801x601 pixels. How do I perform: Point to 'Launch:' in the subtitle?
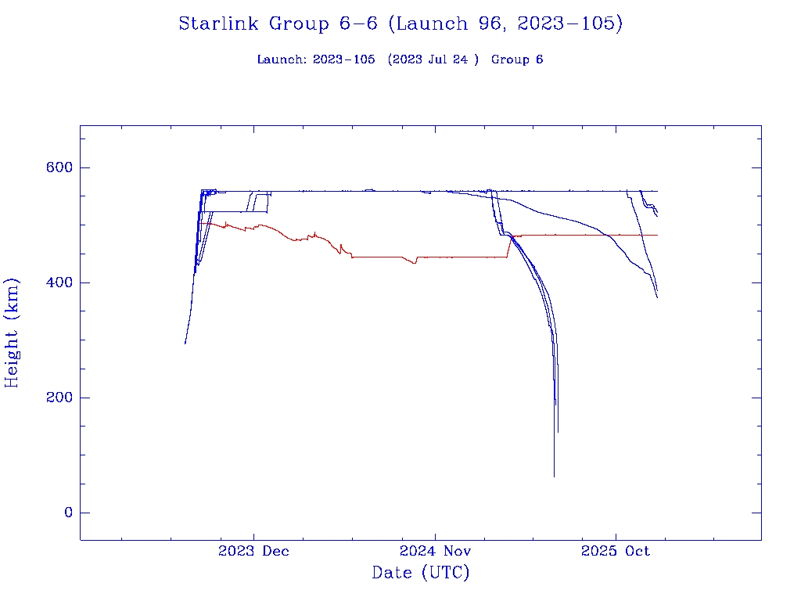(282, 59)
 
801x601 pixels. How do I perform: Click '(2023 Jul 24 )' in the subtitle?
(433, 59)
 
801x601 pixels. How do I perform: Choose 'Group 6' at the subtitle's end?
(517, 59)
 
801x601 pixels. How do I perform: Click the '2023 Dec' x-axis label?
(253, 551)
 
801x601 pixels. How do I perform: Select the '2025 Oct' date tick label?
(616, 551)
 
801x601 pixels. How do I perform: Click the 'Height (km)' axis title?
(13, 333)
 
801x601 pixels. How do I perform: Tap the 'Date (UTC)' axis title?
(421, 573)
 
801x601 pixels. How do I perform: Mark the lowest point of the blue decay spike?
(554, 476)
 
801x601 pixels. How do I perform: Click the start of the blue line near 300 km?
(185, 343)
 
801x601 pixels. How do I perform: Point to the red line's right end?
(657, 235)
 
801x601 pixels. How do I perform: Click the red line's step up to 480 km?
(511, 245)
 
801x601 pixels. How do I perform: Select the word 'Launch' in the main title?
(429, 23)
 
